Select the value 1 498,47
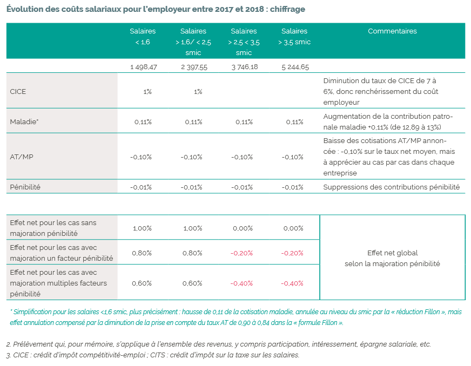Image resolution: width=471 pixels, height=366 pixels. tap(143, 67)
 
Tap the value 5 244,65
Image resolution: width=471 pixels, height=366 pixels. tap(295, 67)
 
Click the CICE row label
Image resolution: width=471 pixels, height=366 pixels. tap(18, 92)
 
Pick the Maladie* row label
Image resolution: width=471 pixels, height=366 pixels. tap(24, 122)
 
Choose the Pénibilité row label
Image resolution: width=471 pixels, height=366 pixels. tap(25, 187)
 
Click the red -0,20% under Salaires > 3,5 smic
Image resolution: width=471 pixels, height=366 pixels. tap(293, 253)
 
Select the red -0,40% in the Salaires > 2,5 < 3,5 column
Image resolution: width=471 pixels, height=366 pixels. tap(242, 283)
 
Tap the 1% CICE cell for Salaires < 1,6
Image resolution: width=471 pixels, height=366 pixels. tap(147, 92)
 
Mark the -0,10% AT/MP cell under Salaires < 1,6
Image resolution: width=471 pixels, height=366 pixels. tap(141, 157)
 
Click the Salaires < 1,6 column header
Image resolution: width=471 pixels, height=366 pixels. tap(143, 37)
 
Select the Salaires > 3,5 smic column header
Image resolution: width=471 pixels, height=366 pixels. tap(294, 37)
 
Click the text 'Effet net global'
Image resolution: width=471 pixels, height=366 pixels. tap(392, 253)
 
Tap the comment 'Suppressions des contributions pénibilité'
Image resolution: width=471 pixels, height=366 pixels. tap(391, 187)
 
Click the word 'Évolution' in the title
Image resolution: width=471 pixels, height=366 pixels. tap(24, 10)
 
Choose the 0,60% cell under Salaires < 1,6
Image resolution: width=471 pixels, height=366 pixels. tap(142, 283)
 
